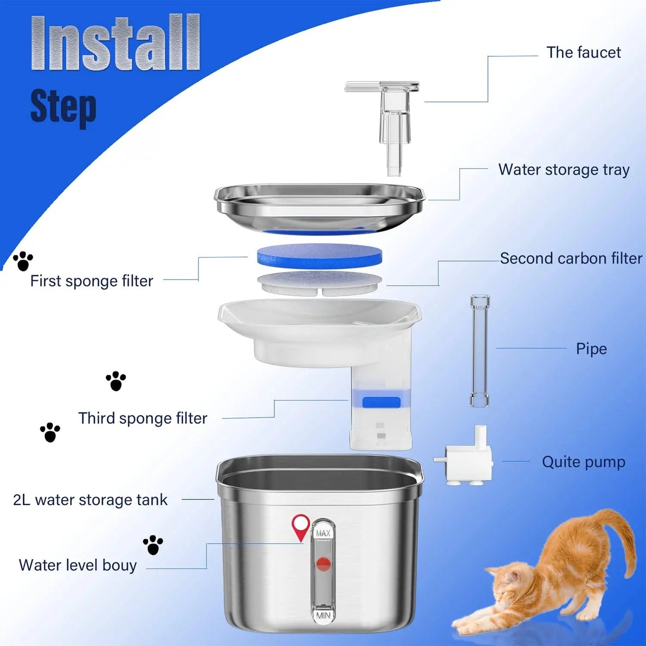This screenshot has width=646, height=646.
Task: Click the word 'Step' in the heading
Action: [63, 106]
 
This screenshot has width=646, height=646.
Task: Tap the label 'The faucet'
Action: [583, 52]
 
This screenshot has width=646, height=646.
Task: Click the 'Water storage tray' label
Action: [564, 170]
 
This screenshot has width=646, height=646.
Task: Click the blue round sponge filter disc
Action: [319, 256]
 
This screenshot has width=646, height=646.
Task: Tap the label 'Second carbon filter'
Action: [571, 258]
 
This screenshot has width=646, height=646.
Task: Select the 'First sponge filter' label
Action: [92, 281]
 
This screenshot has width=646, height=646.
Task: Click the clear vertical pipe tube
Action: [480, 351]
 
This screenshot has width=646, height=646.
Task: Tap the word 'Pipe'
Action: [591, 349]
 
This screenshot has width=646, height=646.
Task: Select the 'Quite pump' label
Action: [583, 462]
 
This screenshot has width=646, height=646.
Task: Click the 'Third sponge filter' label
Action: [143, 418]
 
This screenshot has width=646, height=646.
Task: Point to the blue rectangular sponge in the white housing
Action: [381, 402]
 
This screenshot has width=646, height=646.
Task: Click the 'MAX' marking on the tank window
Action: [323, 533]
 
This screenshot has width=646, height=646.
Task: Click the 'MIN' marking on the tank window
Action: [323, 616]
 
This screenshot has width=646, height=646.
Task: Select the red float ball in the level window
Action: [323, 564]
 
